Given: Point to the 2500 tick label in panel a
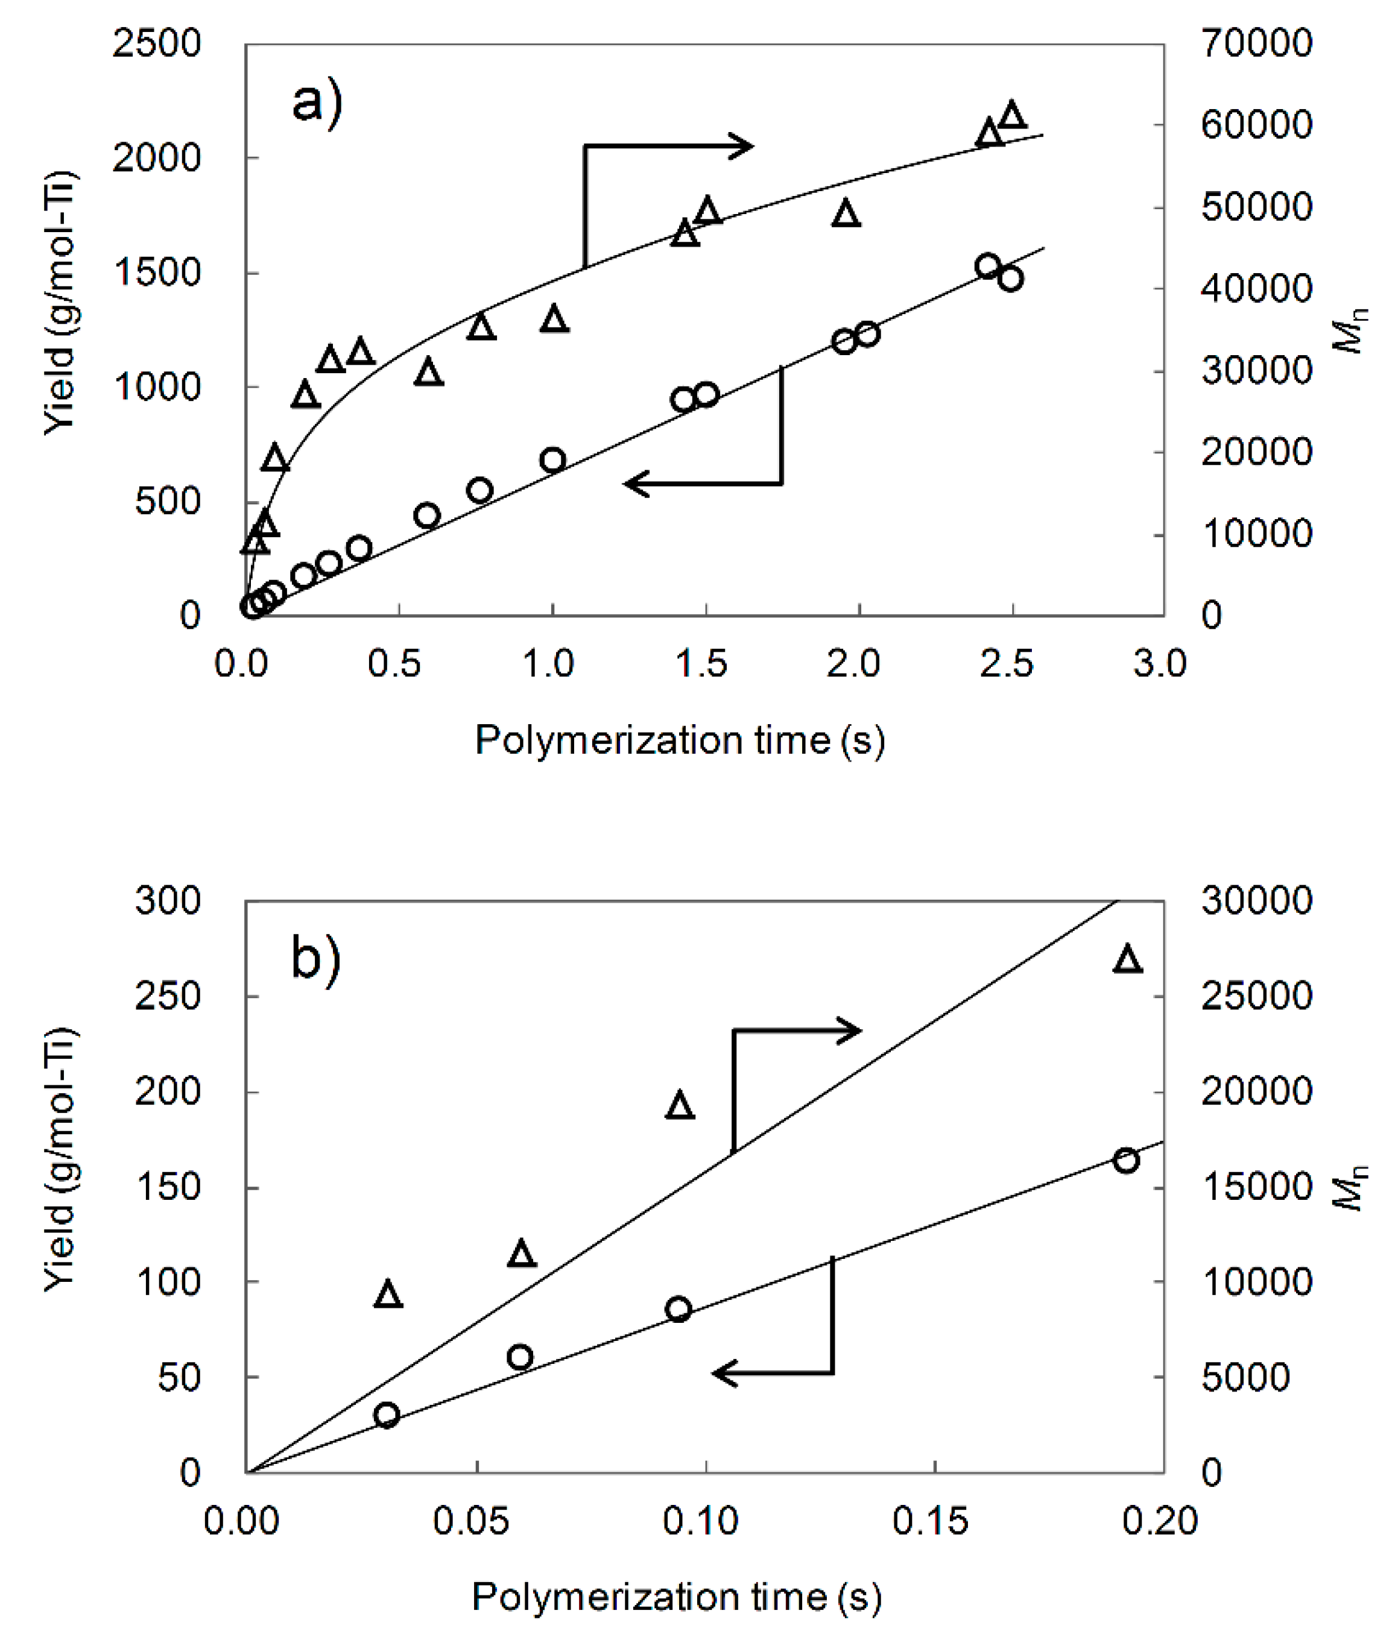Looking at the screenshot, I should pyautogui.click(x=157, y=43).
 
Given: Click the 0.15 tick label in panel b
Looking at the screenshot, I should pyautogui.click(x=930, y=1520).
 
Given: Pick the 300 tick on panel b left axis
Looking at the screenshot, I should pyautogui.click(x=168, y=900).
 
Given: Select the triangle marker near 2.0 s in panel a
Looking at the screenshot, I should pyautogui.click(x=846, y=214).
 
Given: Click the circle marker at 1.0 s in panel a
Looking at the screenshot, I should pyautogui.click(x=553, y=460).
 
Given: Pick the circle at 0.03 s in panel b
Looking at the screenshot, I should pyautogui.click(x=386, y=1414).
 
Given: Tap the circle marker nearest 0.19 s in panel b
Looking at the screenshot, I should pyautogui.click(x=1126, y=1161).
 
